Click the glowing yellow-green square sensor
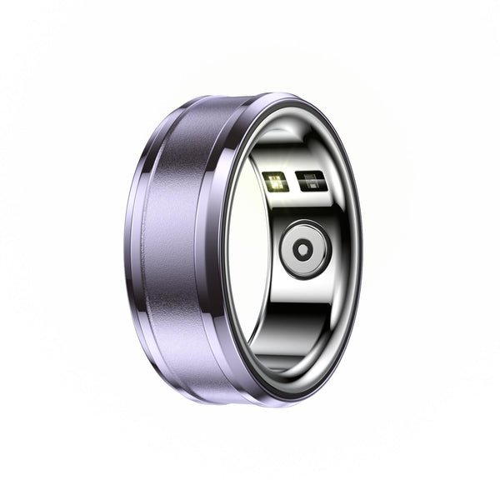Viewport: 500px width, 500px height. [277, 181]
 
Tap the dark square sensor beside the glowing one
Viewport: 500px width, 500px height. [310, 182]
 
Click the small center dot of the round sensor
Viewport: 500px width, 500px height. [305, 248]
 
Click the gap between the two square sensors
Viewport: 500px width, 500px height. [292, 181]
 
